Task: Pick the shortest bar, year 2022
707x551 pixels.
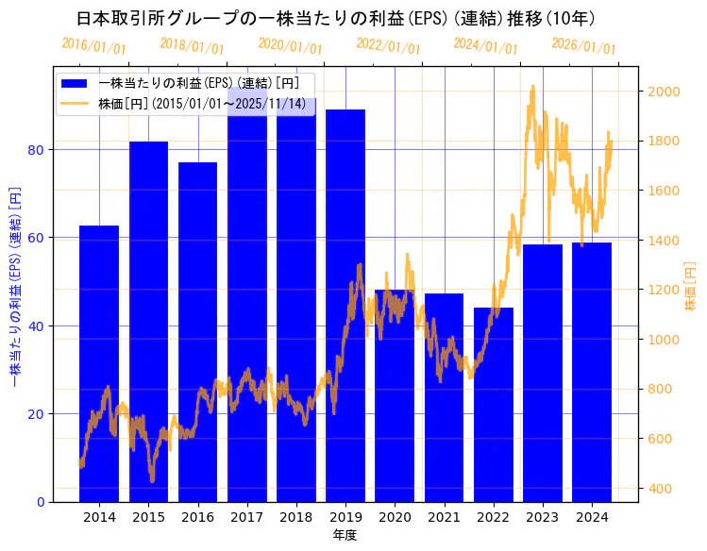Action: (493, 425)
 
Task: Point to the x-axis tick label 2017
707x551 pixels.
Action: (246, 517)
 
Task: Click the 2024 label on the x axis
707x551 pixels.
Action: (591, 517)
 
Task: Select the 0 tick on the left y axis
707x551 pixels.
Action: (41, 502)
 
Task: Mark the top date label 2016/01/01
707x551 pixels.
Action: (93, 45)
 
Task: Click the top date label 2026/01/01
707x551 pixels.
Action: (583, 45)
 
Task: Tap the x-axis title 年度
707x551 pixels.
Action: (345, 535)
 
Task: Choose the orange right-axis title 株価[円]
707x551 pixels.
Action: (690, 287)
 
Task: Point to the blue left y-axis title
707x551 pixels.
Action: (14, 287)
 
